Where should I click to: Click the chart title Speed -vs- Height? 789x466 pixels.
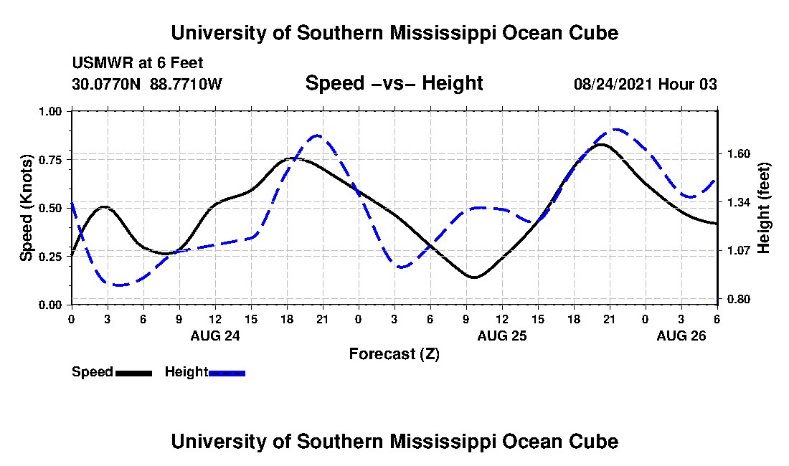tap(394, 84)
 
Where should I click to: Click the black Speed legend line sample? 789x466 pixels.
tap(133, 373)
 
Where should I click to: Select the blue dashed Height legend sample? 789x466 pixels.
tap(227, 373)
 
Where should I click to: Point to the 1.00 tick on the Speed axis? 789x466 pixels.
tap(51, 111)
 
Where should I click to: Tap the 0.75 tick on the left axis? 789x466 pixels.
tap(51, 159)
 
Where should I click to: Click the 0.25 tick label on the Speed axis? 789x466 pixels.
tap(51, 257)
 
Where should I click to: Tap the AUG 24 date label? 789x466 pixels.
tap(215, 336)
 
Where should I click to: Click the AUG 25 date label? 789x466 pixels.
tap(502, 336)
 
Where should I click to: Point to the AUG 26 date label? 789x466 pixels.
tap(681, 336)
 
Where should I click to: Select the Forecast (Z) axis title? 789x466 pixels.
tap(394, 354)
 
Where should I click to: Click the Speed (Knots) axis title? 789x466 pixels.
tap(27, 208)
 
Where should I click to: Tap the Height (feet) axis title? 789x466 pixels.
tap(764, 208)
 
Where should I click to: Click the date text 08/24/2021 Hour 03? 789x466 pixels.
tap(645, 85)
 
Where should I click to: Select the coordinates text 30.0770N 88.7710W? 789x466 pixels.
tap(147, 85)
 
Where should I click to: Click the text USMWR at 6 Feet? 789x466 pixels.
tap(138, 63)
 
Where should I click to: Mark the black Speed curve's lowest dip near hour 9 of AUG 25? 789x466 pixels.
tap(473, 277)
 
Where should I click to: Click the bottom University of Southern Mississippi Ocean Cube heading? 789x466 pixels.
tap(394, 442)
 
